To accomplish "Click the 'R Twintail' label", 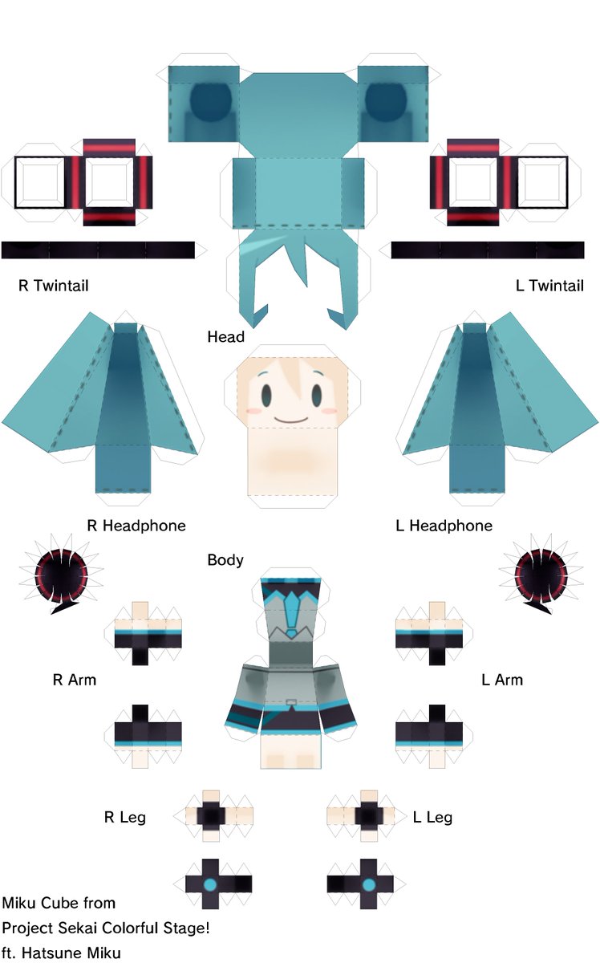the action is coord(53,286).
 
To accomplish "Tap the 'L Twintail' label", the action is coord(549,286).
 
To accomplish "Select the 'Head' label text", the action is coord(225,337).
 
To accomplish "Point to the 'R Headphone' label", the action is coord(136,526).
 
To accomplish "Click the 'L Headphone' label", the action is coord(444,526).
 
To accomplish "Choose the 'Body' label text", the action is coord(225,560).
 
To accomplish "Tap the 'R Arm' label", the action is coord(74,680).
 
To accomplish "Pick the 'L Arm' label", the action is coord(502,680).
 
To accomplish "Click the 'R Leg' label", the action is coord(124,818).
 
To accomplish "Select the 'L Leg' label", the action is coord(432,818).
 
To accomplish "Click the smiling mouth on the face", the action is coord(291,419).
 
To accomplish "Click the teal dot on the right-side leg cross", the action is coord(369,884).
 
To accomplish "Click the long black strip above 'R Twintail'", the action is coord(98,250).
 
